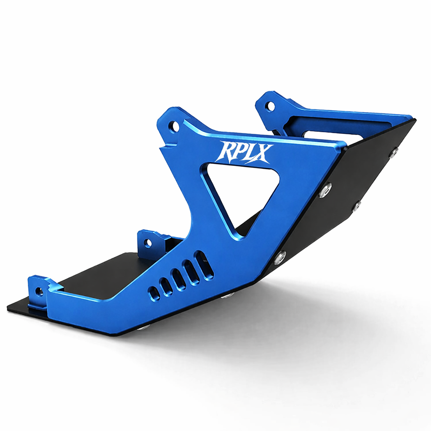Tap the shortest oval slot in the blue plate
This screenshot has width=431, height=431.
click(x=154, y=293)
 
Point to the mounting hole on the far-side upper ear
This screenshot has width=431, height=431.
click(x=271, y=106)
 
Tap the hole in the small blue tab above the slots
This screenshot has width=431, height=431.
click(x=148, y=243)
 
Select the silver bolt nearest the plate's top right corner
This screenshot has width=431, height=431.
click(x=394, y=152)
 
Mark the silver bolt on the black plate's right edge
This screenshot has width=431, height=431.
click(x=357, y=206)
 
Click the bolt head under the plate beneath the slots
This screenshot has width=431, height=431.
click(x=228, y=295)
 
